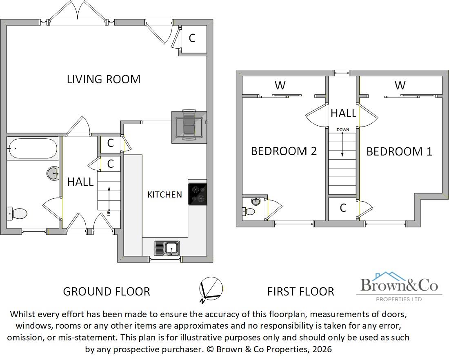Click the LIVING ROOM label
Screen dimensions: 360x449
tap(104, 79)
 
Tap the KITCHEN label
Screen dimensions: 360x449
tap(164, 195)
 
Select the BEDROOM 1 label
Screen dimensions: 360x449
tap(399, 151)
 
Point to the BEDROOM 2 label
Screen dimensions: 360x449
tap(284, 151)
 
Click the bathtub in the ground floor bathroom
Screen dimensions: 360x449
tap(32, 149)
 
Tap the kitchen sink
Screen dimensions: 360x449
tap(167, 248)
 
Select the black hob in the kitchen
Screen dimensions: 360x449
tap(197, 194)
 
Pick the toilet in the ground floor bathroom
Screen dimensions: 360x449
tap(17, 213)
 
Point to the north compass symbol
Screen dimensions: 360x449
tap(211, 289)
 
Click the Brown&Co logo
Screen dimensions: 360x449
tap(399, 286)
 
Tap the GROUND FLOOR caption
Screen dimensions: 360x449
tap(107, 291)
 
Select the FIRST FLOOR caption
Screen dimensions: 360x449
tap(300, 291)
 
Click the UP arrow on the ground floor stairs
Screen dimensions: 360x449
tap(109, 200)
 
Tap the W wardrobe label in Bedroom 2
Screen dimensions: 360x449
tap(280, 85)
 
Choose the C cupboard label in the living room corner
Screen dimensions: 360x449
tap(192, 38)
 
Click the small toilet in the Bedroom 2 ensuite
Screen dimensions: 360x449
tap(249, 211)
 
